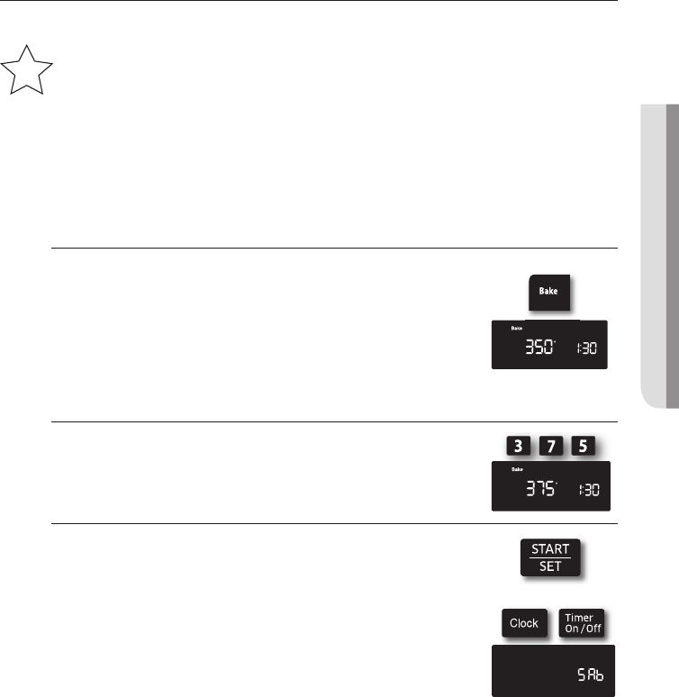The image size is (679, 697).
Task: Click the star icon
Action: coord(27,73)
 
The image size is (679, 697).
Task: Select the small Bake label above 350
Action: coord(518,329)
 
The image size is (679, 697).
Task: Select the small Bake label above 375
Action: coord(518,470)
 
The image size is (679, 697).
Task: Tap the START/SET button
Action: coord(548,557)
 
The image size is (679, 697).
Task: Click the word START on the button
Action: coord(548,548)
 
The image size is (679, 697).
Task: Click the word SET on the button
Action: coord(548,567)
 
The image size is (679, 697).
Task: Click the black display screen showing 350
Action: coord(548,344)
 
